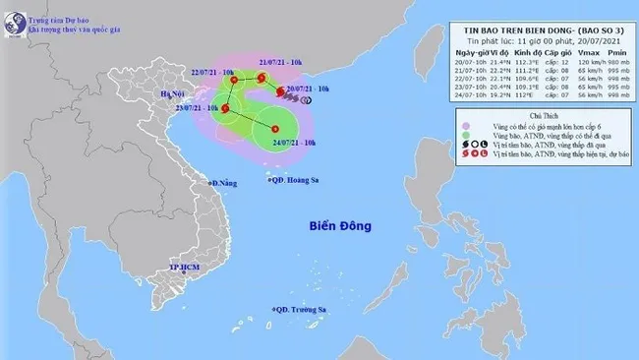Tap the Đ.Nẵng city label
pos(225,183)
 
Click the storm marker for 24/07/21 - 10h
pos(276,130)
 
